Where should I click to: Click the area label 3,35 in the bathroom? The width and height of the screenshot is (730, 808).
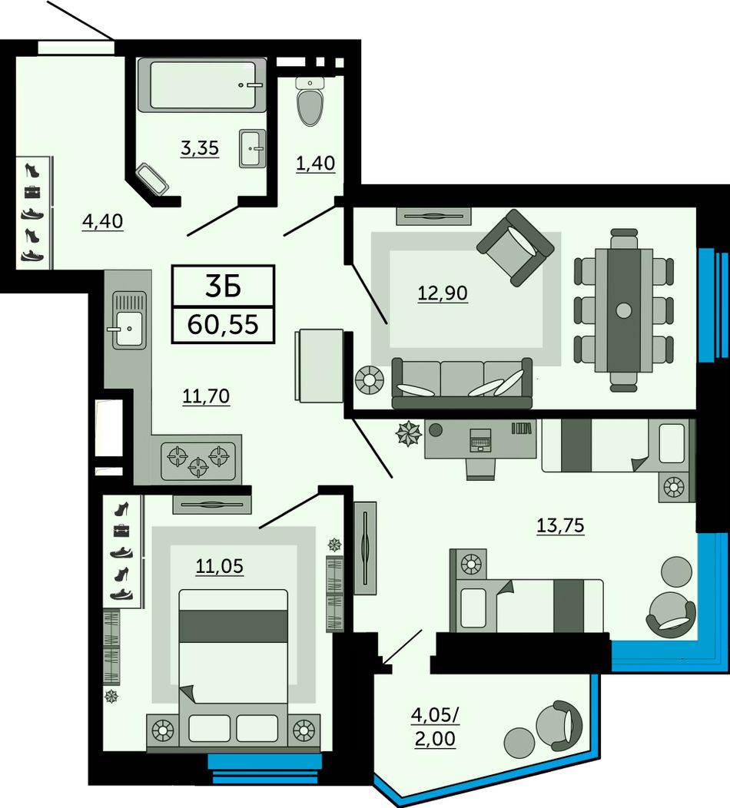coord(200,148)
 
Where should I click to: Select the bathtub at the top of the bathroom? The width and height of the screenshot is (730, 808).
coord(202,85)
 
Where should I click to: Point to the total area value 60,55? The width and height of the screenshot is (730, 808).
coord(223,325)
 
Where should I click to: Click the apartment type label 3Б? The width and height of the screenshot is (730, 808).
coord(223,287)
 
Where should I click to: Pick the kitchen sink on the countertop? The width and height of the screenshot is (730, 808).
coord(128,320)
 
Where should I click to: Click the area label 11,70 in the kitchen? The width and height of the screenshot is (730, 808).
coord(206,396)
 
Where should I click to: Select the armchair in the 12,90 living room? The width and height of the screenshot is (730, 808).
coord(516,247)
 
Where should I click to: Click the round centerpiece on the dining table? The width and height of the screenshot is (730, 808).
coord(624,310)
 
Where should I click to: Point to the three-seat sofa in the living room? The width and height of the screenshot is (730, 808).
coord(462,382)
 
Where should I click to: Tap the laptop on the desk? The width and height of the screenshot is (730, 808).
coord(480,439)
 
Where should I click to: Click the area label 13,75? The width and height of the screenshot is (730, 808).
coord(560,525)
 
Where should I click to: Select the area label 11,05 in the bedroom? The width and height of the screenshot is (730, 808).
coord(219,566)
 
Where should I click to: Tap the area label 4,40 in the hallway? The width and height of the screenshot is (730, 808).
coord(103,221)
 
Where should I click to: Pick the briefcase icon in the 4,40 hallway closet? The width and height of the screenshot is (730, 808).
coord(32,192)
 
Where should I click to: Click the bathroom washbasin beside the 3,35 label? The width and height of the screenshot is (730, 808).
coord(253,148)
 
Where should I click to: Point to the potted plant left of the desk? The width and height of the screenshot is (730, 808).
coord(409,433)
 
